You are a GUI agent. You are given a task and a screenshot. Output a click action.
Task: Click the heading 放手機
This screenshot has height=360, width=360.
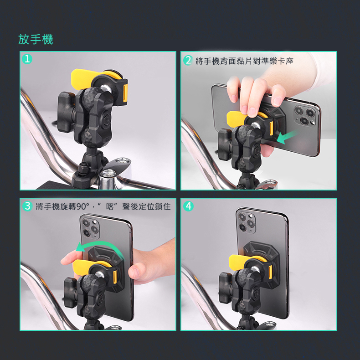[x=36, y=39]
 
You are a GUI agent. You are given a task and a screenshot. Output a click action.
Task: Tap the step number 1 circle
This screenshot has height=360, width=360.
[x=27, y=59]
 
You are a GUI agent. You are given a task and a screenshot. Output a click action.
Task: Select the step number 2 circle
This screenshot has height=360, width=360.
[x=188, y=61]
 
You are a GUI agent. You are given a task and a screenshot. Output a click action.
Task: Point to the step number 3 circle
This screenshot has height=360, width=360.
[x=27, y=206]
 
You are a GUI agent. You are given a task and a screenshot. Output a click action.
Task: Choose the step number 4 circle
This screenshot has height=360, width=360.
[x=188, y=206]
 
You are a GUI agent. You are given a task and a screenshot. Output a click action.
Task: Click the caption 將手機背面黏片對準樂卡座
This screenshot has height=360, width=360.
[x=245, y=61]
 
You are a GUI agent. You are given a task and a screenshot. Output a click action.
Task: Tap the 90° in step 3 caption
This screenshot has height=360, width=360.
[x=82, y=206]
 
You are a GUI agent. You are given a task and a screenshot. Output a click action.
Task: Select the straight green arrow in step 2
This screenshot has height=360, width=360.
[x=288, y=137]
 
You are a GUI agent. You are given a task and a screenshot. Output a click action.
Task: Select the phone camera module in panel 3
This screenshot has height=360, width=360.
[x=90, y=227]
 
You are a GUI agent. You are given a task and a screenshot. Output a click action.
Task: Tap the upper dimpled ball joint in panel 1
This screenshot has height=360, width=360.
[x=92, y=97]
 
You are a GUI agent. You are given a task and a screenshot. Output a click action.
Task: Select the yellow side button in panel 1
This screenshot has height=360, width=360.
[x=125, y=93]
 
